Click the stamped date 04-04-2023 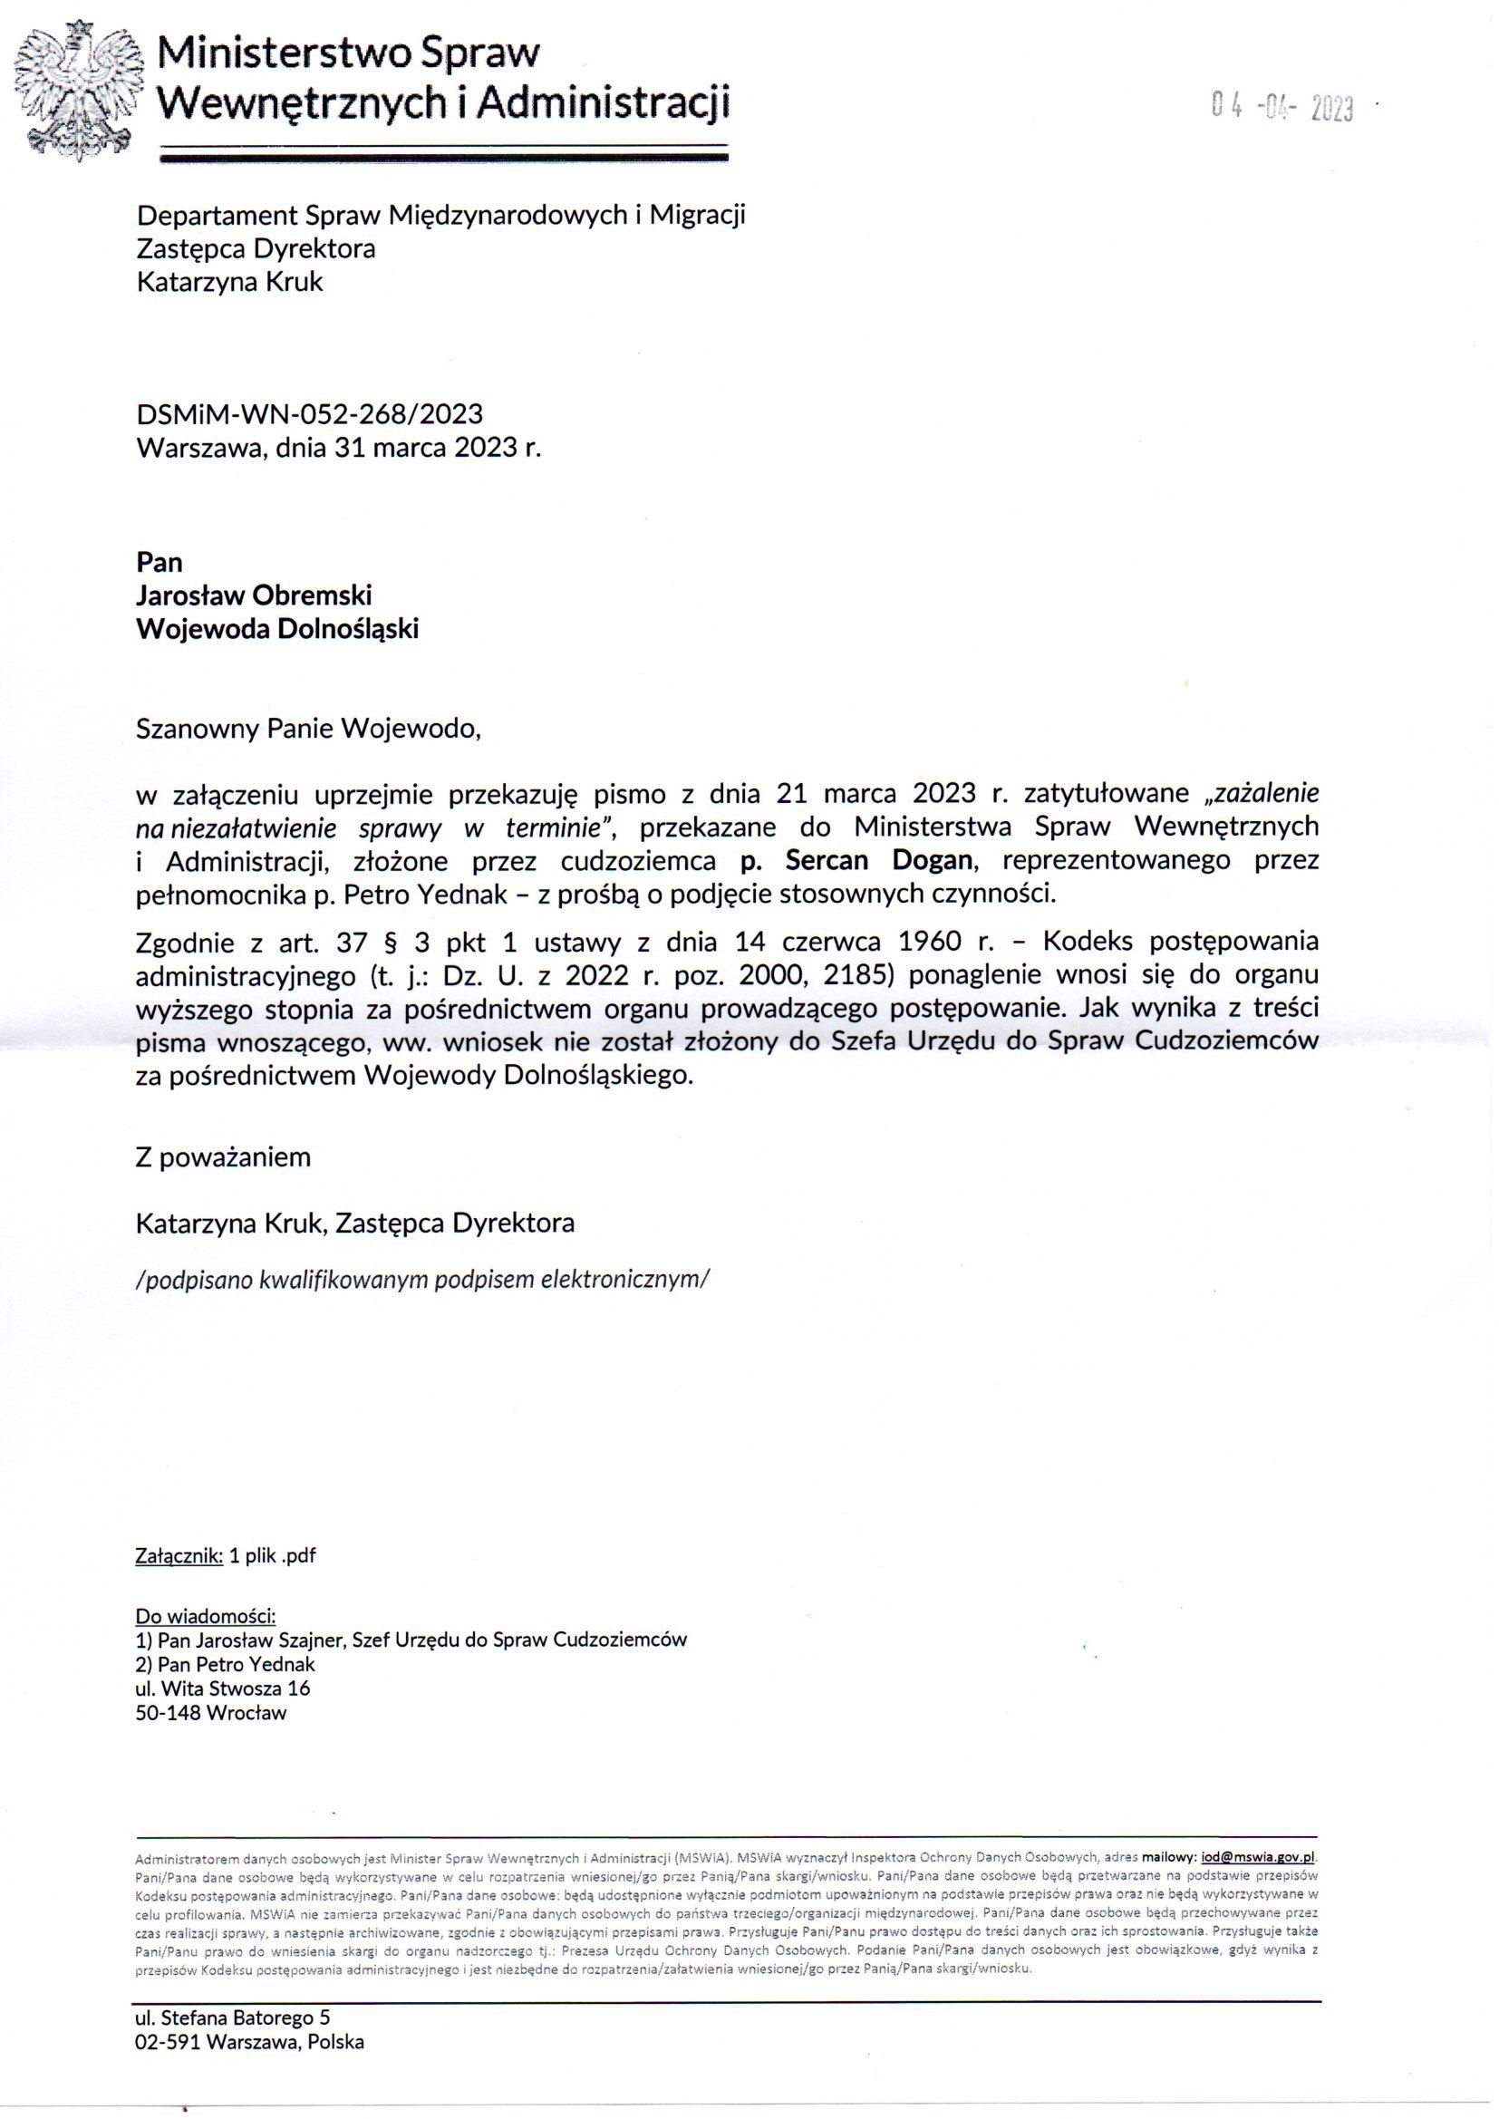point(1282,109)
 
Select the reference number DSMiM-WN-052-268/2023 point(309,413)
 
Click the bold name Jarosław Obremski point(254,595)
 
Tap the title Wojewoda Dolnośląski point(277,629)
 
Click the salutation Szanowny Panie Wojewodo point(308,729)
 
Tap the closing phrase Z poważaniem point(222,1157)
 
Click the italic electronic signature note point(421,1279)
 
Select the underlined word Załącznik point(179,1556)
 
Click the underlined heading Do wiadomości point(205,1616)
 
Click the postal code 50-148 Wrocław point(210,1713)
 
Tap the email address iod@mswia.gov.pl point(1257,1857)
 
